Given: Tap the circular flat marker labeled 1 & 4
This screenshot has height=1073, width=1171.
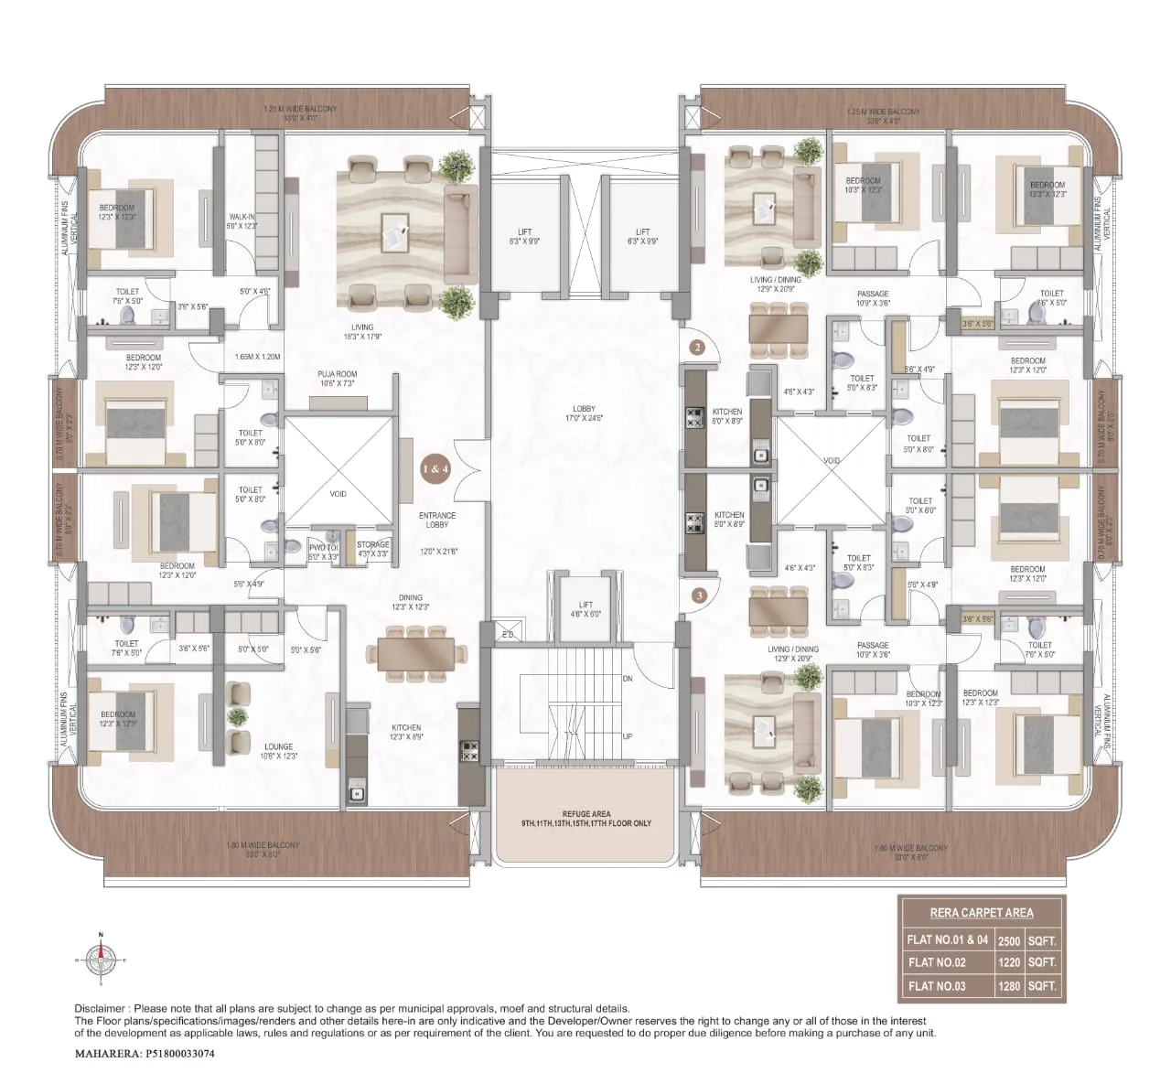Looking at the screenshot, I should click(x=435, y=469).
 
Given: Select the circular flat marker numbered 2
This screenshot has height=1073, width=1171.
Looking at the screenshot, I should click(x=697, y=347).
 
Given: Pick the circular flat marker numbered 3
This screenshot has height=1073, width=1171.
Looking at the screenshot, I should click(x=699, y=595).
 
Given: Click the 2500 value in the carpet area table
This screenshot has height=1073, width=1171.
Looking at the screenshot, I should click(x=1009, y=939).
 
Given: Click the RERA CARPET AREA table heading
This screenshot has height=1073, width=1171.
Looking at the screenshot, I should click(x=982, y=912).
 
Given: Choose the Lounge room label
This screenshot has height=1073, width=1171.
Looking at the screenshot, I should click(x=278, y=751).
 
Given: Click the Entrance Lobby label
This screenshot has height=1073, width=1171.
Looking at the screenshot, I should click(x=437, y=520).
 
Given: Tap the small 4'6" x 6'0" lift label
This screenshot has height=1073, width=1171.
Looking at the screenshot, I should click(x=585, y=609).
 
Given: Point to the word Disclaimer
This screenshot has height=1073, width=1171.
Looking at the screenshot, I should click(x=102, y=1007).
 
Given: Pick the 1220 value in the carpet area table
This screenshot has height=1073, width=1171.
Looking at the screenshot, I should click(x=1009, y=962).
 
